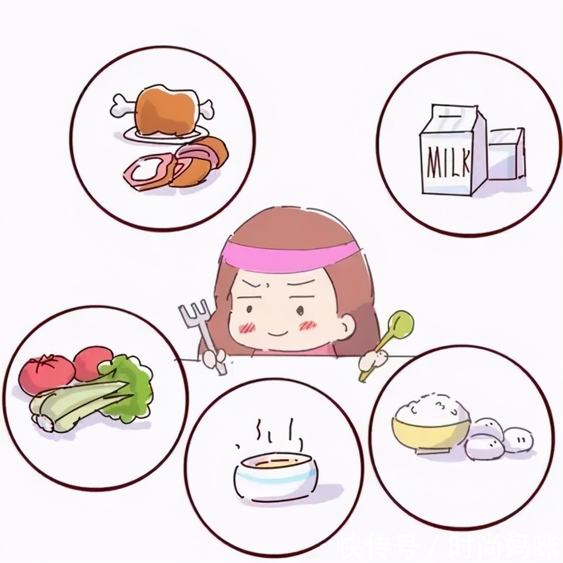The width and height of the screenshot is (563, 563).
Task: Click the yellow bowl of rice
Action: [431, 428]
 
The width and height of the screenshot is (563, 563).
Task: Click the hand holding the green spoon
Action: [374, 360]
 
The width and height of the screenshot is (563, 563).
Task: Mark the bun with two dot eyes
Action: [517, 439]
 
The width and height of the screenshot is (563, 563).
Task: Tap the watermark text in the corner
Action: [445, 544]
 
